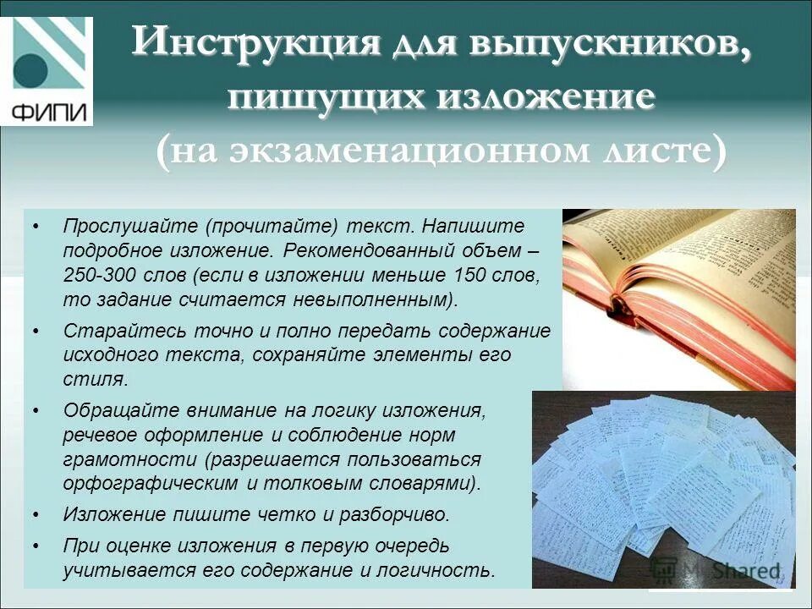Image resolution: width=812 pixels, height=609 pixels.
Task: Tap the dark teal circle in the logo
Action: tap(32, 69)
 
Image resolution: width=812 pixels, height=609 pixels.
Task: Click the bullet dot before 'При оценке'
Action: tap(35, 545)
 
